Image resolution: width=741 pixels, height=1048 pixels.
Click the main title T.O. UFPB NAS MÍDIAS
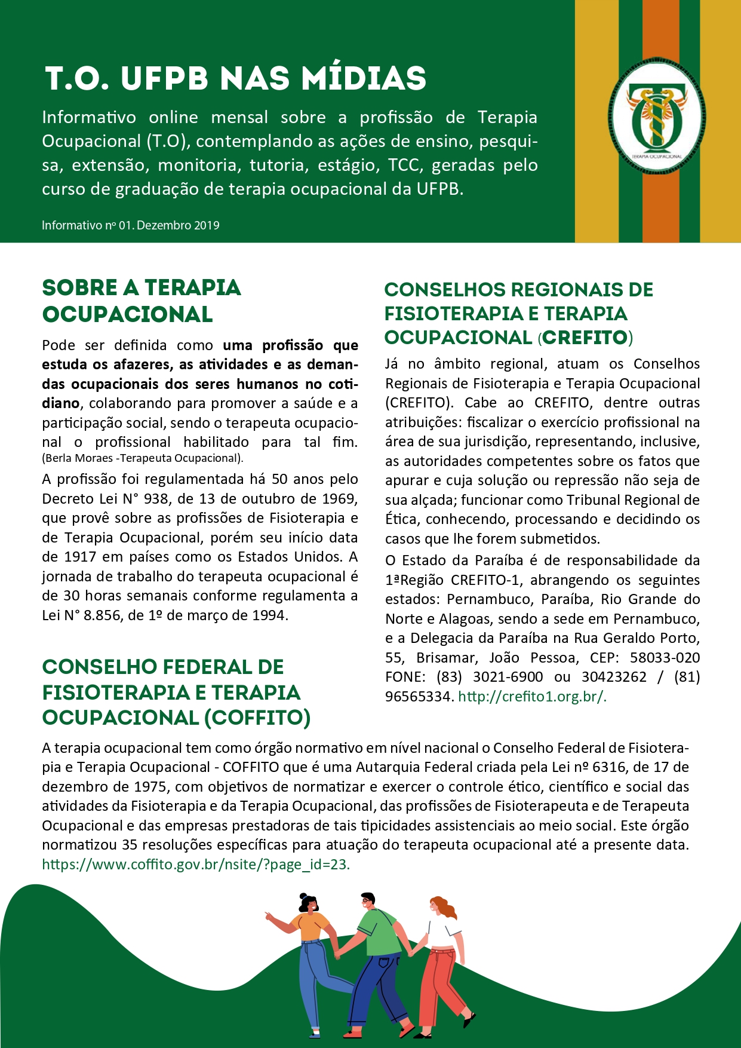pyautogui.click(x=236, y=78)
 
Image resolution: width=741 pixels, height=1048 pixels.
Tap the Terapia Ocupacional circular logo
pyautogui.click(x=656, y=123)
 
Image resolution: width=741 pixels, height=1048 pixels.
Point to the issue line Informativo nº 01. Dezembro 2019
pyautogui.click(x=131, y=226)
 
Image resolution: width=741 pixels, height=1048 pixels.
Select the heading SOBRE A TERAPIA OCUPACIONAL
pyautogui.click(x=141, y=301)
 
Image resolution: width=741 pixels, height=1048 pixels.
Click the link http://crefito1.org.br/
pyautogui.click(x=532, y=696)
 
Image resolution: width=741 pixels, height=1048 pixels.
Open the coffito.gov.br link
pyautogui.click(x=196, y=865)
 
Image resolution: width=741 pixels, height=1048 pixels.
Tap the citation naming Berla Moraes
pyautogui.click(x=143, y=458)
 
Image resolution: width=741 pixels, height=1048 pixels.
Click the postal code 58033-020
pyautogui.click(x=665, y=658)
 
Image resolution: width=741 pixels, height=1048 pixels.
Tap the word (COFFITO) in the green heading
pyautogui.click(x=257, y=718)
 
